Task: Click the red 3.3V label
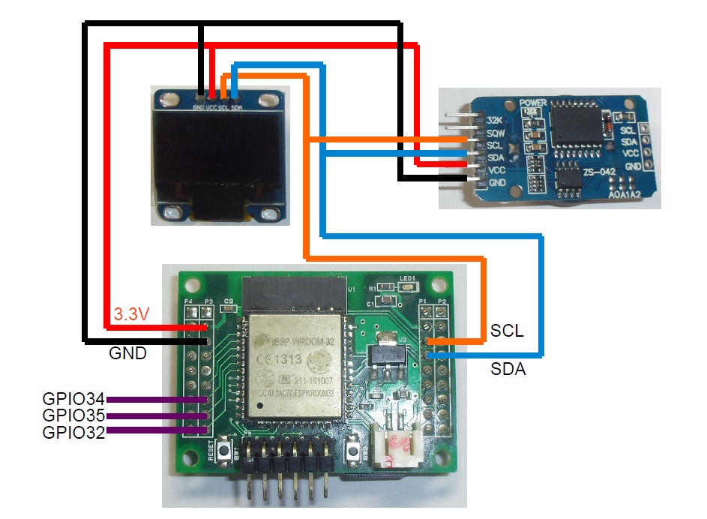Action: coord(131,314)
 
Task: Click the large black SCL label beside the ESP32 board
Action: coord(507,329)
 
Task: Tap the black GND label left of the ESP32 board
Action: coord(127,352)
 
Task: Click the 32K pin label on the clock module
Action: coord(494,121)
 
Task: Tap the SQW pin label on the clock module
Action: coord(494,133)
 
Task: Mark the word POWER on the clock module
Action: coord(533,102)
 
